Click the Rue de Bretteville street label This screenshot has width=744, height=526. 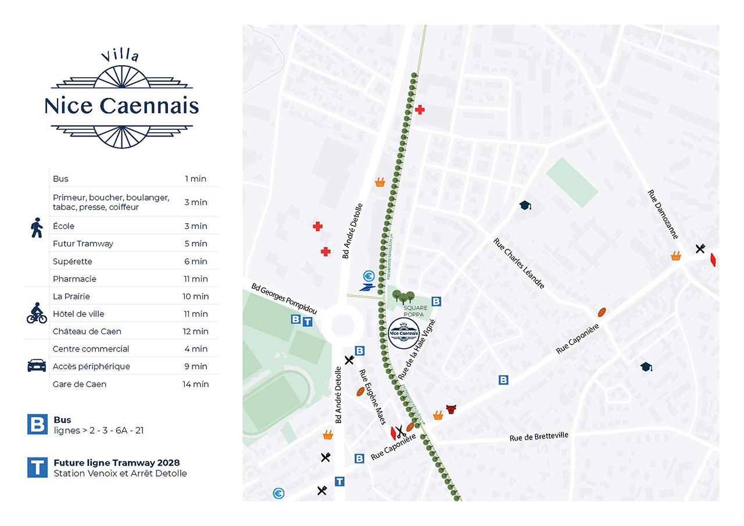pyautogui.click(x=539, y=436)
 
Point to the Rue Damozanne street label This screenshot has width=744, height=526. pyautogui.click(x=663, y=214)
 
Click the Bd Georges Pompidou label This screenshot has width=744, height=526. pyautogui.click(x=284, y=299)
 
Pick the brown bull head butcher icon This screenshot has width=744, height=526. pyautogui.click(x=451, y=409)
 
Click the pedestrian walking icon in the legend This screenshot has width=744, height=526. pyautogui.click(x=37, y=228)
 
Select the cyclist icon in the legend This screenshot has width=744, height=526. pyautogui.click(x=37, y=313)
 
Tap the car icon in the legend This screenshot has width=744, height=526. pyautogui.click(x=37, y=366)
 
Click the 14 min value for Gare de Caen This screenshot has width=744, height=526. pyautogui.click(x=195, y=384)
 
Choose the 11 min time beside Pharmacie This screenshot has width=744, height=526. pyautogui.click(x=196, y=279)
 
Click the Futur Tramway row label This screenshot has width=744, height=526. pyautogui.click(x=83, y=244)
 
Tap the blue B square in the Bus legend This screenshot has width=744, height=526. pyautogui.click(x=37, y=424)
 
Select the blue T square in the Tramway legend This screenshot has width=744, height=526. pyautogui.click(x=37, y=468)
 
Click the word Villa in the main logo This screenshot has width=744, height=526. pyautogui.click(x=120, y=56)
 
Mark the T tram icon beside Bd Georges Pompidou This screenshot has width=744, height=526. pyautogui.click(x=308, y=320)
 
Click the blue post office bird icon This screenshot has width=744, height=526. pyautogui.click(x=367, y=287)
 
